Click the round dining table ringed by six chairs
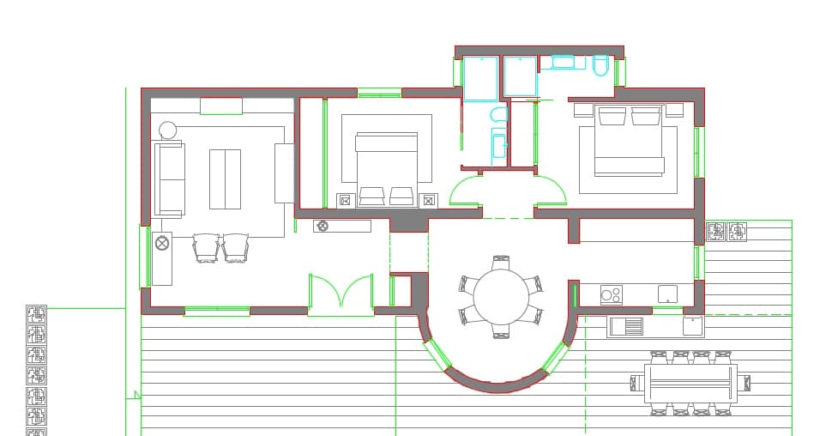(501, 297)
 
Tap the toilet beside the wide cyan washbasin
(600, 65)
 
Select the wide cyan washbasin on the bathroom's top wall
(564, 62)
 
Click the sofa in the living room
(170, 179)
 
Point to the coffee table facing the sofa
(225, 179)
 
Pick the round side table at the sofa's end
(168, 130)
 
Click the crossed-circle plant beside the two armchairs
(162, 244)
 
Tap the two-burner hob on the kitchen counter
(611, 295)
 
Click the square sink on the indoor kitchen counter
(667, 294)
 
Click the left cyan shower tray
(481, 77)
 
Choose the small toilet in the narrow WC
(498, 114)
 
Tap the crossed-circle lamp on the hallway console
(323, 227)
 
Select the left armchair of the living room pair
(206, 248)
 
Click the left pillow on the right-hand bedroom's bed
(612, 116)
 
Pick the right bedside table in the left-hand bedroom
(429, 201)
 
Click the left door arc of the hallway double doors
(463, 191)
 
